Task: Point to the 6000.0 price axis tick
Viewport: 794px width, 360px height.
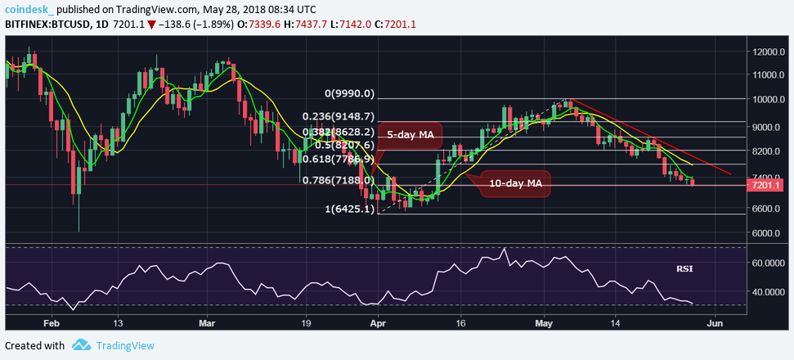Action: pyautogui.click(x=768, y=233)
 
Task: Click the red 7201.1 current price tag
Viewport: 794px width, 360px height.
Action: pyautogui.click(x=768, y=186)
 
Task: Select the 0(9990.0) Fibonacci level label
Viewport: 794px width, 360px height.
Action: pyautogui.click(x=349, y=93)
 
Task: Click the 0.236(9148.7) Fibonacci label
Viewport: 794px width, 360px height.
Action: pyautogui.click(x=338, y=117)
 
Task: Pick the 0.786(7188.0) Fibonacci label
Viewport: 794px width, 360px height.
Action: pyautogui.click(x=339, y=180)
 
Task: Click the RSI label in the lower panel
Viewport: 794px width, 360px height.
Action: pyautogui.click(x=684, y=268)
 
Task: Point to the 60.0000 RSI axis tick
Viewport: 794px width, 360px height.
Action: pyautogui.click(x=770, y=263)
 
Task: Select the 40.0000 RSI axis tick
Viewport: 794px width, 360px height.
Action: pyautogui.click(x=770, y=292)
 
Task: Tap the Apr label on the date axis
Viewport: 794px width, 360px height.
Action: pyautogui.click(x=378, y=322)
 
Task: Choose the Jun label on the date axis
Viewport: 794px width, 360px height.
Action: pyautogui.click(x=715, y=322)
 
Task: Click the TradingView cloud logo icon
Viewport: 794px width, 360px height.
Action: pyautogui.click(x=80, y=345)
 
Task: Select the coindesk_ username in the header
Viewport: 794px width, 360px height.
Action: pyautogui.click(x=29, y=9)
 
